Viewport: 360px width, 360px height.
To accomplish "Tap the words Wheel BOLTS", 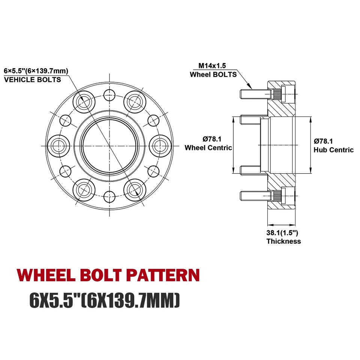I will (x=213, y=74).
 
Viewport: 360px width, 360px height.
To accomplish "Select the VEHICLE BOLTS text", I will (x=32, y=79).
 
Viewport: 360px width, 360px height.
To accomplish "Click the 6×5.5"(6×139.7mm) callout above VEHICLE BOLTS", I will (x=36, y=70).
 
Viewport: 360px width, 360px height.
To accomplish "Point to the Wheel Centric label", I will (x=208, y=148).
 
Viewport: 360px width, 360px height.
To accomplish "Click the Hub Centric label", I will (x=333, y=150).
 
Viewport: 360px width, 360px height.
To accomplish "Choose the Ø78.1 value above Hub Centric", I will (x=323, y=141).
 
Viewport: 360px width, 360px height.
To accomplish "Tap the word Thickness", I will (x=283, y=241).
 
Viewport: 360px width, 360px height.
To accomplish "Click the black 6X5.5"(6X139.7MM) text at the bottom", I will (x=105, y=300).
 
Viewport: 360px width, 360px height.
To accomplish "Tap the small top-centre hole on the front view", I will (x=109, y=94).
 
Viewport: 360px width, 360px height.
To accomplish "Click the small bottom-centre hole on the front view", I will (x=109, y=195).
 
